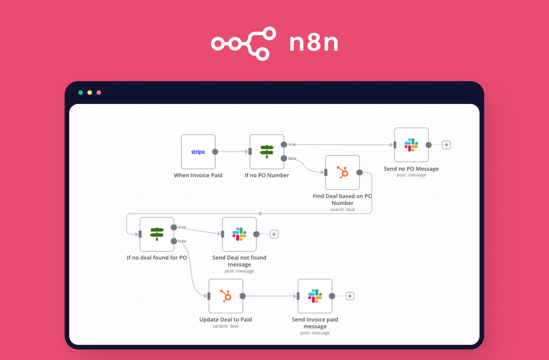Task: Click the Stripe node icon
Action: [x=198, y=152]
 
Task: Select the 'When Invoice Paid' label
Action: [x=198, y=175]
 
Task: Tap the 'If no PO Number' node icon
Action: [x=267, y=151]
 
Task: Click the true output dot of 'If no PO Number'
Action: [x=284, y=144]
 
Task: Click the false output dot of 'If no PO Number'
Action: [x=284, y=158]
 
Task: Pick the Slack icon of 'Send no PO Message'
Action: [x=411, y=145]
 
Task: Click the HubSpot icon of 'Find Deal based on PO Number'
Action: [x=342, y=172]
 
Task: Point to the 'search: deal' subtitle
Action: [x=342, y=209]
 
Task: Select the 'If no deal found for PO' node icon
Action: [x=157, y=234]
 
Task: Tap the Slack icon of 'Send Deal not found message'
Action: [x=239, y=234]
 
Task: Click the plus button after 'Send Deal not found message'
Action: [x=274, y=234]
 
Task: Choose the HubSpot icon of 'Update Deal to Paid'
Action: [x=226, y=296]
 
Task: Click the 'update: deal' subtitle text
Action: [x=225, y=326]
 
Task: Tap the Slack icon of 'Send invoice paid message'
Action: [x=315, y=296]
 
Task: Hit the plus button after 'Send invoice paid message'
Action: [x=350, y=296]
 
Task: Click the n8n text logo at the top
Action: [x=314, y=43]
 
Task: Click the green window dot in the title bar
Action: [x=81, y=93]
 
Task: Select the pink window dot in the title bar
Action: [x=99, y=93]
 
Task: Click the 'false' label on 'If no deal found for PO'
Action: [x=182, y=241]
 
